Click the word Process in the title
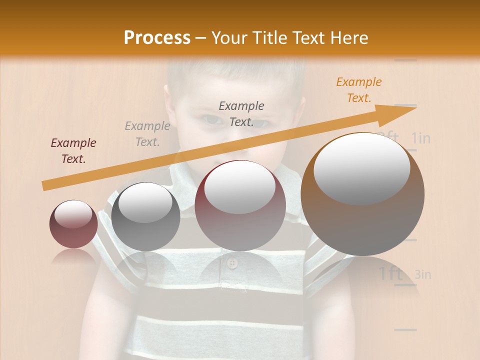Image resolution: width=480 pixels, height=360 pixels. click(157, 38)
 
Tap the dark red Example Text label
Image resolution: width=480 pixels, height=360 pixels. click(73, 151)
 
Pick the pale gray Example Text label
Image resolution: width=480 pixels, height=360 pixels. click(147, 134)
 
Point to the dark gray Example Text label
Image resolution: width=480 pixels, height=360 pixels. click(241, 113)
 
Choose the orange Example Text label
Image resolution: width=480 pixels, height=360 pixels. click(359, 90)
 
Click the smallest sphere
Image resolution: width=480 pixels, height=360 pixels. click(73, 224)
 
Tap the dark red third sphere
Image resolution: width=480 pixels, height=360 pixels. click(240, 205)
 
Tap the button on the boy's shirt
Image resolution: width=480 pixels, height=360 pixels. click(231, 263)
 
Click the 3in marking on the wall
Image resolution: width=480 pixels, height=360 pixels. click(423, 274)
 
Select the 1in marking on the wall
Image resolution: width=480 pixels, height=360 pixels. click(421, 138)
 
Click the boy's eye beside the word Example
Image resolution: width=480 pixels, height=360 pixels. click(210, 120)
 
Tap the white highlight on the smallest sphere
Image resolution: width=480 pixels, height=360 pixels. click(73, 214)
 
